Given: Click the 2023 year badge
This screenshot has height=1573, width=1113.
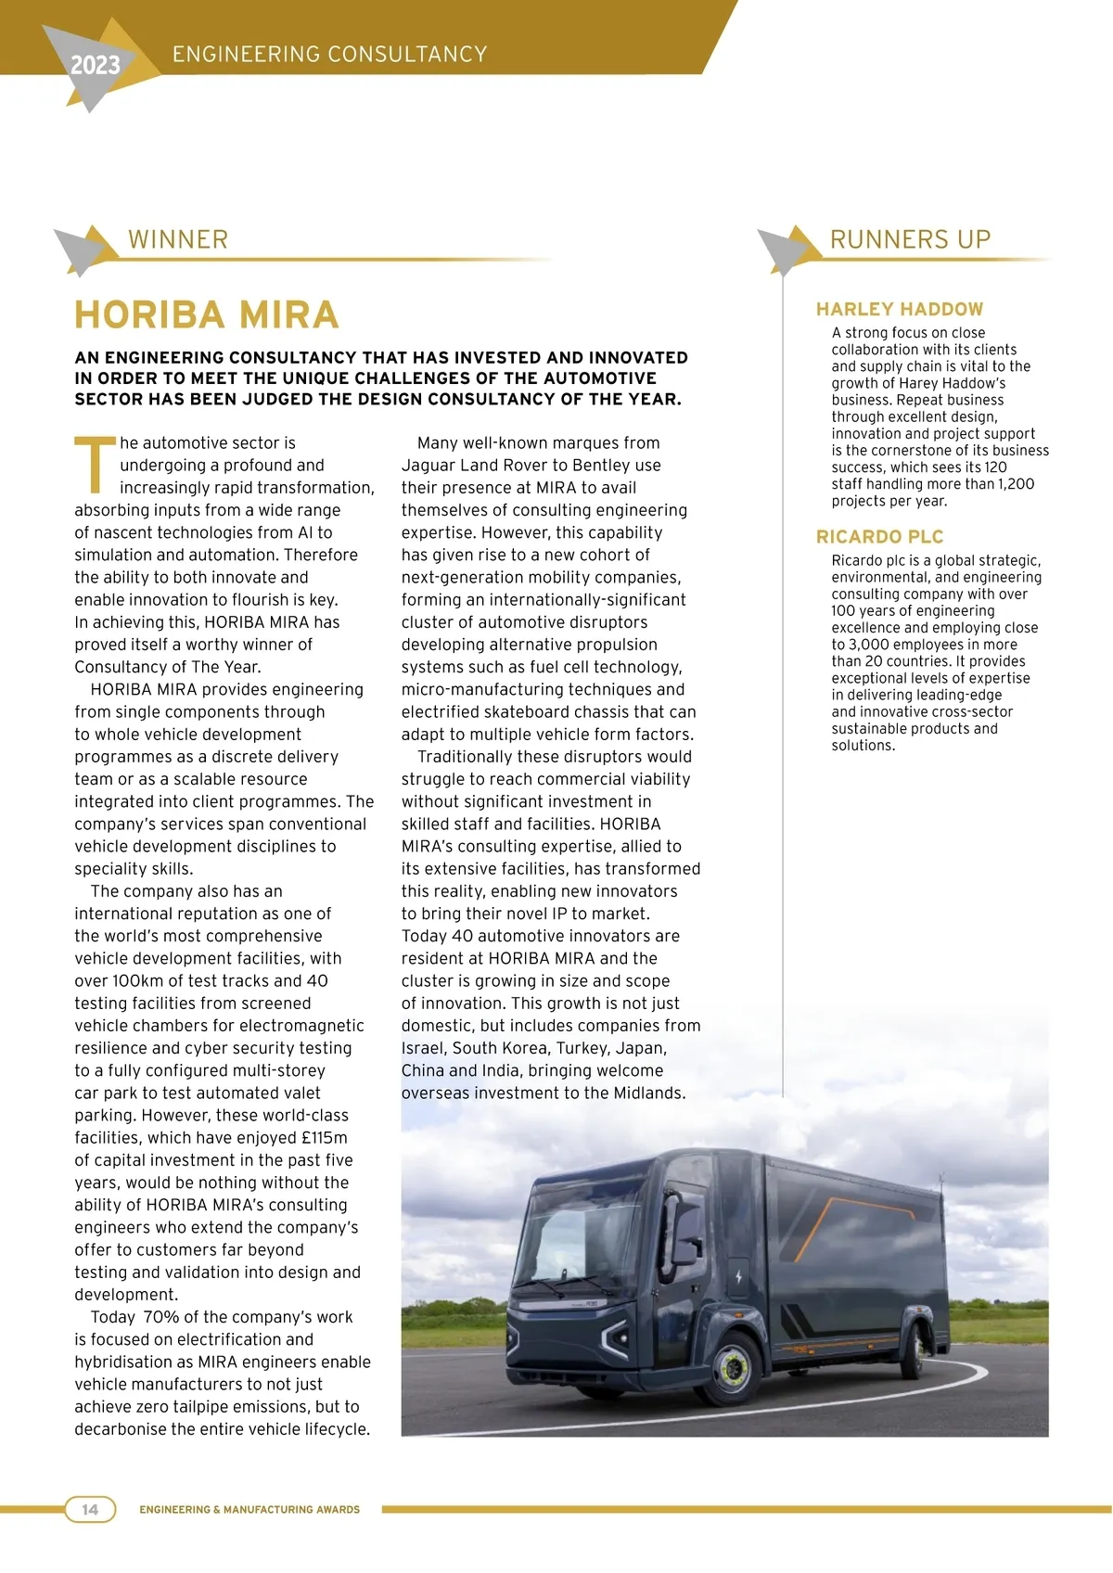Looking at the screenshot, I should pyautogui.click(x=95, y=65).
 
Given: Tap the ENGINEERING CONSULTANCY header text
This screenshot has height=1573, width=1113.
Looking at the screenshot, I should pyautogui.click(x=329, y=54).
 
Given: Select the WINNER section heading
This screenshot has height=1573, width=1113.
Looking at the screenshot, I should pyautogui.click(x=178, y=239).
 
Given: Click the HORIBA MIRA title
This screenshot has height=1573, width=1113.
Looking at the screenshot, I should pyautogui.click(x=206, y=315).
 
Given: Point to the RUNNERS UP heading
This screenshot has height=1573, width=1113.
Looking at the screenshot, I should pyautogui.click(x=910, y=239).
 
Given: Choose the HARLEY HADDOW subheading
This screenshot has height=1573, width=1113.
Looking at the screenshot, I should pyautogui.click(x=899, y=309).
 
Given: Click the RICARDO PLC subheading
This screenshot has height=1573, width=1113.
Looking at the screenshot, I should pyautogui.click(x=879, y=537).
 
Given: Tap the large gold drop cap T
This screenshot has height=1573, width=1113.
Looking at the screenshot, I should pyautogui.click(x=95, y=465).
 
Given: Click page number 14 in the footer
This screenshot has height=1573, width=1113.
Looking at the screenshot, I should pyautogui.click(x=90, y=1509).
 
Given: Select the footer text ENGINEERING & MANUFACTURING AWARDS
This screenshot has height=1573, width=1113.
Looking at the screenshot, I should pyautogui.click(x=249, y=1510).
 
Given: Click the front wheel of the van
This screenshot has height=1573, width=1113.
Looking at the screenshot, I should pyautogui.click(x=734, y=1366).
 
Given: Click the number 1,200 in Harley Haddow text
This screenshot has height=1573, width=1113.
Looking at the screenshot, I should pyautogui.click(x=1016, y=484).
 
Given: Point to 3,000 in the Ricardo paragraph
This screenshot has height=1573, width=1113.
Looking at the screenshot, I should pyautogui.click(x=869, y=645).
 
